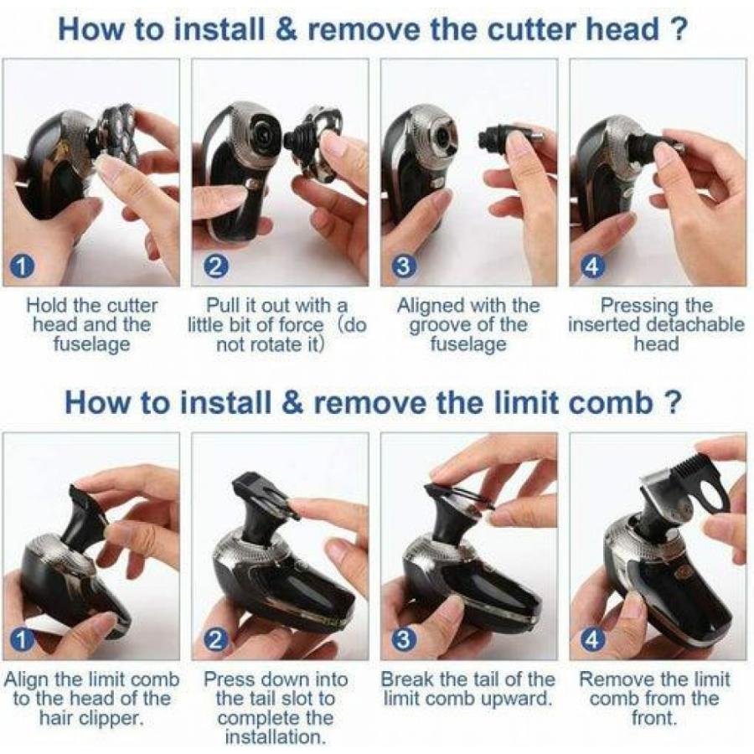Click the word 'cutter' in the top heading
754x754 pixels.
click(x=530, y=30)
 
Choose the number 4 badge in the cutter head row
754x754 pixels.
click(x=592, y=266)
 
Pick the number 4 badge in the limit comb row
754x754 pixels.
click(x=592, y=639)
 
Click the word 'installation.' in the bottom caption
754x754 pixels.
click(x=275, y=736)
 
